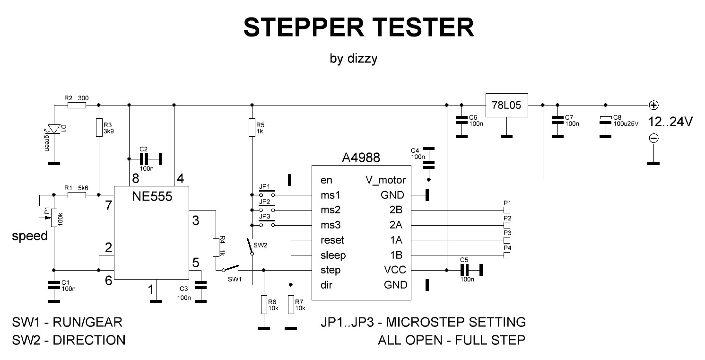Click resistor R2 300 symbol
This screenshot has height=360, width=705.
[x=77, y=105]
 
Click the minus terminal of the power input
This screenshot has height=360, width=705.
[x=653, y=138]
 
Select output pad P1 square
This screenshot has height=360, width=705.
[x=507, y=210]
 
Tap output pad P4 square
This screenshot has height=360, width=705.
[x=507, y=255]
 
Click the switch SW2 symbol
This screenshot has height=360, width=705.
[x=250, y=246]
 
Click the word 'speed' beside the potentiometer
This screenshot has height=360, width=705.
[x=30, y=236]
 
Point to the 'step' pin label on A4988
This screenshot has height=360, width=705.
[x=330, y=270]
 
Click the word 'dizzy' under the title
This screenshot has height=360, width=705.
[x=362, y=59]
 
